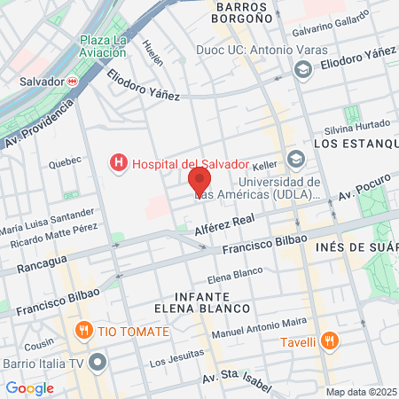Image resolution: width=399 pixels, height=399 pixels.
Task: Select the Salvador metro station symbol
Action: click(x=73, y=81)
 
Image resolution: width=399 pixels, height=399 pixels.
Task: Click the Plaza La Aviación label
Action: click(x=105, y=47)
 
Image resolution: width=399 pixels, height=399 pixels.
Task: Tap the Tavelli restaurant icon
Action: click(x=329, y=340)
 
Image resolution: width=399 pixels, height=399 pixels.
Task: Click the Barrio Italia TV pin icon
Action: click(x=98, y=362)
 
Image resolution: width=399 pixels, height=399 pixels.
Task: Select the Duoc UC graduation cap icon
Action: click(x=303, y=68)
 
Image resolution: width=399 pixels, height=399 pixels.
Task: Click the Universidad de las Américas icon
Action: click(x=294, y=160)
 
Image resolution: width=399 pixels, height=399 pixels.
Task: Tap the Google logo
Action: click(x=29, y=387)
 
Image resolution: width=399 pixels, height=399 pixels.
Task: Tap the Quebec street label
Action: click(x=64, y=160)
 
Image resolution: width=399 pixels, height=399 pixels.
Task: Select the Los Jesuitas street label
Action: click(x=171, y=359)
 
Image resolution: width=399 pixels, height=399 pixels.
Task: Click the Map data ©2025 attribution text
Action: click(x=361, y=392)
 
